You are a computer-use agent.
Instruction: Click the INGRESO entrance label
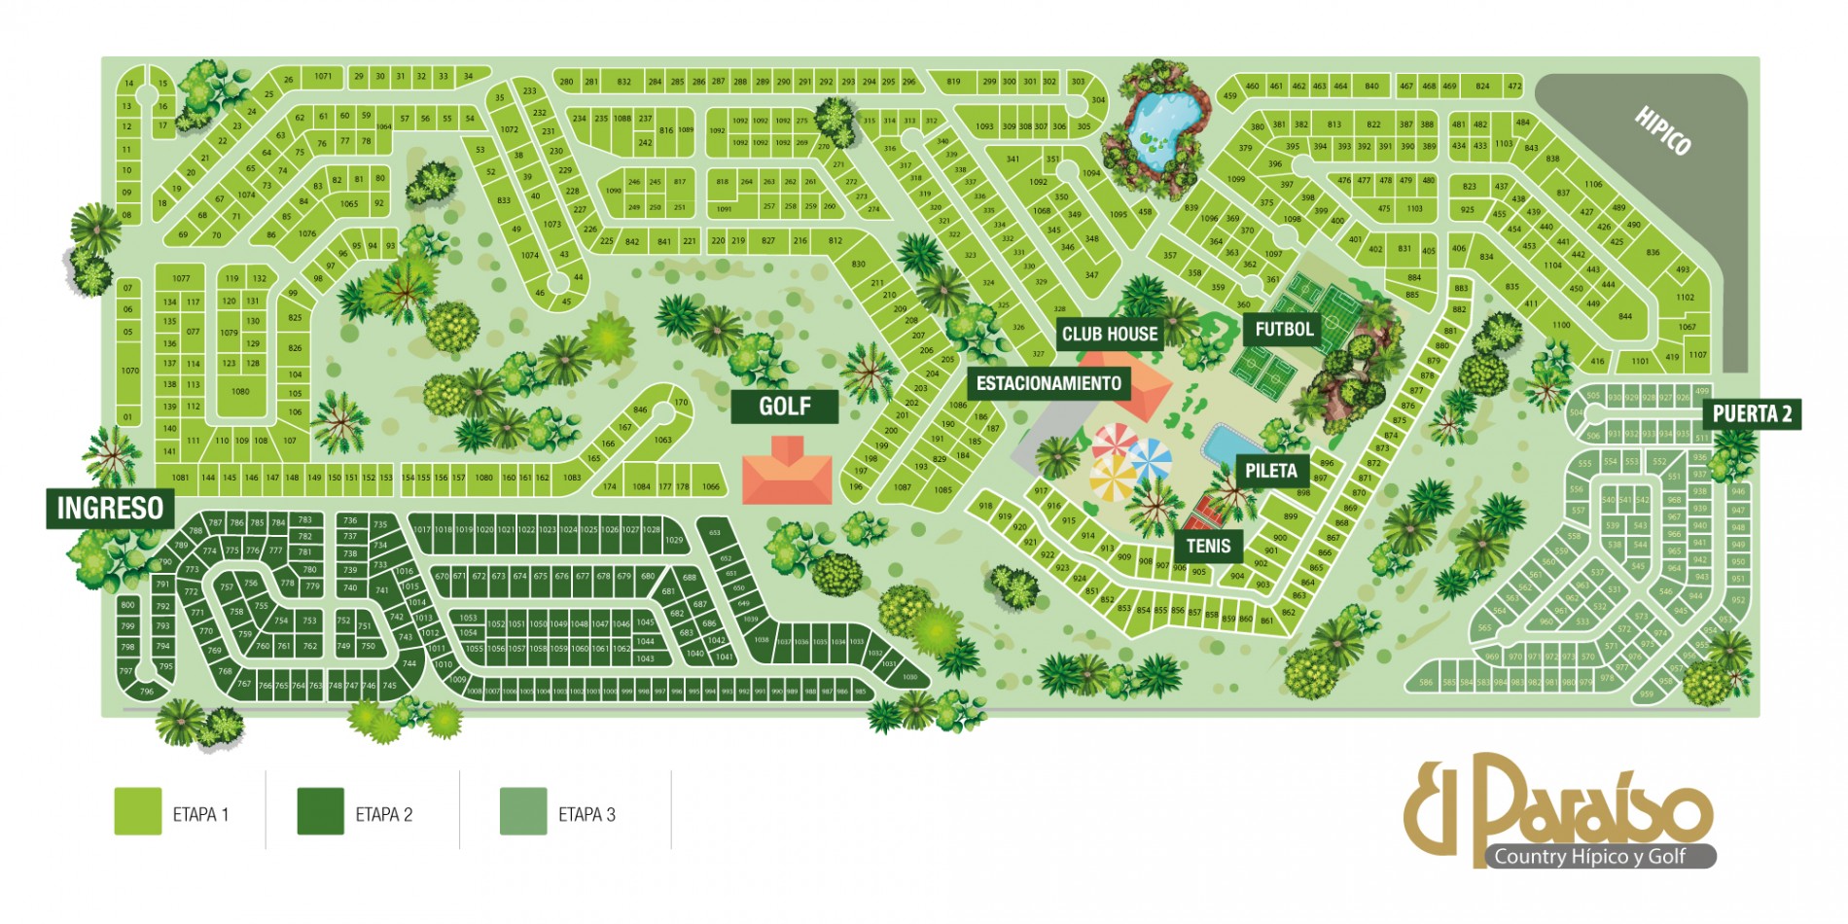point(110,508)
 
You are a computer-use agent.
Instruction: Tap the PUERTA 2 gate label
point(1752,414)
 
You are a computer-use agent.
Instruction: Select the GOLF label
point(784,407)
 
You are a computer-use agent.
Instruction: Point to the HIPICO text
point(1662,131)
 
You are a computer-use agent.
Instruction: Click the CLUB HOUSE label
point(1109,335)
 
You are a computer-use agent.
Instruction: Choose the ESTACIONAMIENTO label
point(1048,383)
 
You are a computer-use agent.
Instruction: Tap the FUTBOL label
point(1284,330)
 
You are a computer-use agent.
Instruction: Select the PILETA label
point(1270,471)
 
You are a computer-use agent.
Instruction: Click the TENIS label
point(1208,547)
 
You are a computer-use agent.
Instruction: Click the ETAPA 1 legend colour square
point(137,811)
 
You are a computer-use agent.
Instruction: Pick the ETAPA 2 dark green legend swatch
point(320,811)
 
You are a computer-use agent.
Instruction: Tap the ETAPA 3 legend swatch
point(522,811)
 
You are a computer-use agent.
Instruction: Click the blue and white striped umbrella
point(1151,459)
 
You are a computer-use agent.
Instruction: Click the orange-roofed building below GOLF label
point(788,473)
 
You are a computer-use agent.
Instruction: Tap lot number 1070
point(129,371)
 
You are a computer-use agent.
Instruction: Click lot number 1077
point(181,278)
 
